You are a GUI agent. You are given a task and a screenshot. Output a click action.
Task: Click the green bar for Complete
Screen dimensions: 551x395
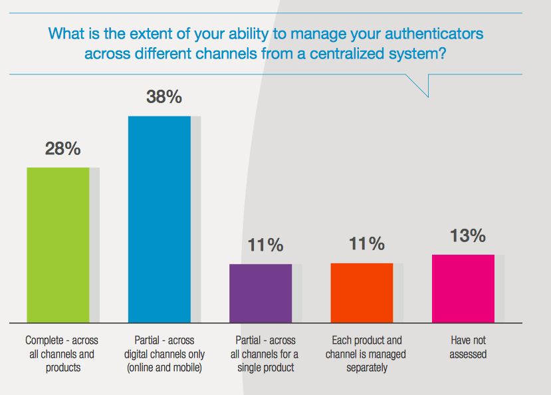tap(58, 245)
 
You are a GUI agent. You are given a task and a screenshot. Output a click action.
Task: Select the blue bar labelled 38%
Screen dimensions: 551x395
tap(160, 219)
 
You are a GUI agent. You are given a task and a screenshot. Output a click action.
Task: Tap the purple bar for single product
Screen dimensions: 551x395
tap(261, 293)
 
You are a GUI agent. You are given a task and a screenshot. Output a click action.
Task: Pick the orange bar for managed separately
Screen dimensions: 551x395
tap(362, 293)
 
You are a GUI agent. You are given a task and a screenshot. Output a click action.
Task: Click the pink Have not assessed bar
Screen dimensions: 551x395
tap(463, 289)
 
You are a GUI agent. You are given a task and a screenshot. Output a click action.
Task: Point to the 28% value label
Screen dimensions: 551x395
tap(62, 149)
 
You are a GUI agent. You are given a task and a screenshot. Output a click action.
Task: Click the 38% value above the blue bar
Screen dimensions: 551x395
tap(164, 96)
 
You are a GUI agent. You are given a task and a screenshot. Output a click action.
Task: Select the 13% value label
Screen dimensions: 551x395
tap(468, 236)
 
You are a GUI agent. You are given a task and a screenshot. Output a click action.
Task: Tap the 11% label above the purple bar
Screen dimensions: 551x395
tap(265, 245)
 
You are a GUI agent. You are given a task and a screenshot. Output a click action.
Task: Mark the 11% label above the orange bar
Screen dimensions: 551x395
tap(366, 243)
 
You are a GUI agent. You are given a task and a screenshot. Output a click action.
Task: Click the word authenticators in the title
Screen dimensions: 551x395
tap(434, 34)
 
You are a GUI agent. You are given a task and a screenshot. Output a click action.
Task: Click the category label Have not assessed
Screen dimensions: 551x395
tap(468, 347)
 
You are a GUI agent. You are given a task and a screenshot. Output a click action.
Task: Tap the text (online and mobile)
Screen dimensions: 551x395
tap(164, 368)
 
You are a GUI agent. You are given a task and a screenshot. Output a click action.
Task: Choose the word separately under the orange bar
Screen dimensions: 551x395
tap(367, 368)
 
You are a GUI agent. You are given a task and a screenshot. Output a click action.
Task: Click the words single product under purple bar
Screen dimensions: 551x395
tap(266, 368)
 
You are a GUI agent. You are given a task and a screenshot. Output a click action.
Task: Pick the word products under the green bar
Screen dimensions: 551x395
tap(63, 368)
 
